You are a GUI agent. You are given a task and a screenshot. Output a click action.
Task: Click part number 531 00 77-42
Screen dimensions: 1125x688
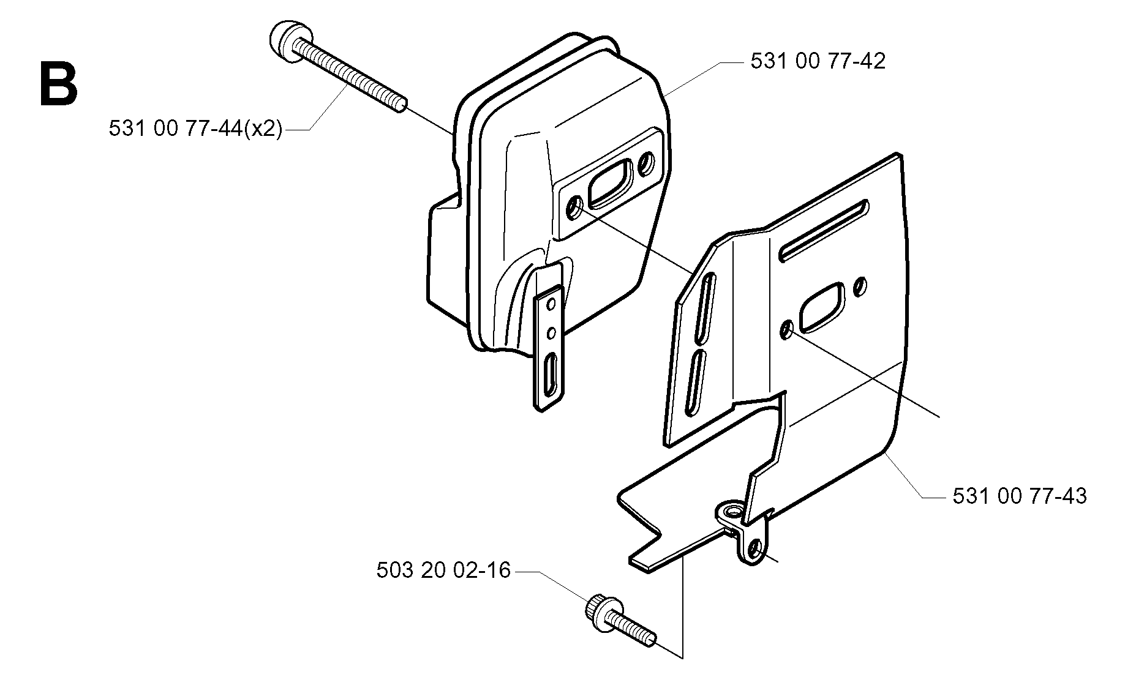click(818, 61)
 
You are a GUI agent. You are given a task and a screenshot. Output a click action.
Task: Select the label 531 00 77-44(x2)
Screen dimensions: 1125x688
click(196, 129)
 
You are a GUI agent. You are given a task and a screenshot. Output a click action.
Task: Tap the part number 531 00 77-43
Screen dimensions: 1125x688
click(1020, 496)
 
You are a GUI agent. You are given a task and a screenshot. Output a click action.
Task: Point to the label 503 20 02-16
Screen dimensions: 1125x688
click(443, 570)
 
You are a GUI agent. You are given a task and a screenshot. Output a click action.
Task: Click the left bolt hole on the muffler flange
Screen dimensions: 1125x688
click(576, 209)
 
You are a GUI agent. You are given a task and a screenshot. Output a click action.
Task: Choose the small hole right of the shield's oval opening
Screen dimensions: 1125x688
click(861, 285)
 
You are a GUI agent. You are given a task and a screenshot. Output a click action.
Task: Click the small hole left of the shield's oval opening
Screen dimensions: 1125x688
click(786, 331)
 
